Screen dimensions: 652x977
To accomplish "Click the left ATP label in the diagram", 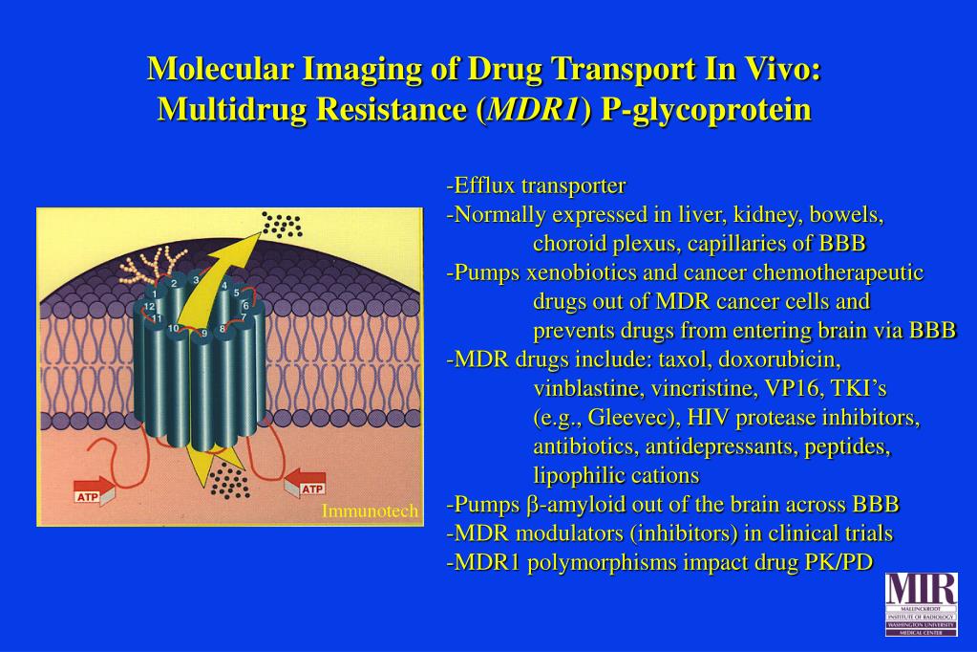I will tap(87, 496).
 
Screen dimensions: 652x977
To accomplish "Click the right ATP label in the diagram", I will tap(312, 489).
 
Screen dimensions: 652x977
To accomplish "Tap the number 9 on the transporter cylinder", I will tap(203, 334).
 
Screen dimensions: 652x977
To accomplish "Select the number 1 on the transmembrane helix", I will tap(155, 294).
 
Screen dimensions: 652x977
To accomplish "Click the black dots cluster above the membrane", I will tap(283, 226).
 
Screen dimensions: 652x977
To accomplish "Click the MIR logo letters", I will tap(921, 587).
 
